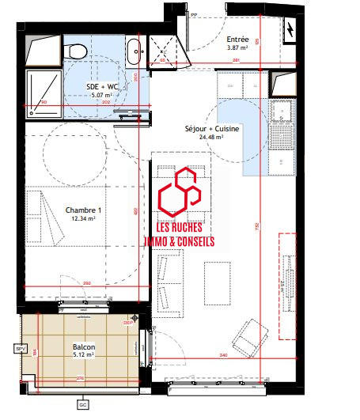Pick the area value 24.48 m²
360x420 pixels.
coord(211,136)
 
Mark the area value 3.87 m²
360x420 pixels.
coord(238,48)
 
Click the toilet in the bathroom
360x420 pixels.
coord(78,50)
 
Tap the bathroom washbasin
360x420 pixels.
coord(132,51)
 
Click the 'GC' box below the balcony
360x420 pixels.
coord(82,405)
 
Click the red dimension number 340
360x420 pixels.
coord(223,355)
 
